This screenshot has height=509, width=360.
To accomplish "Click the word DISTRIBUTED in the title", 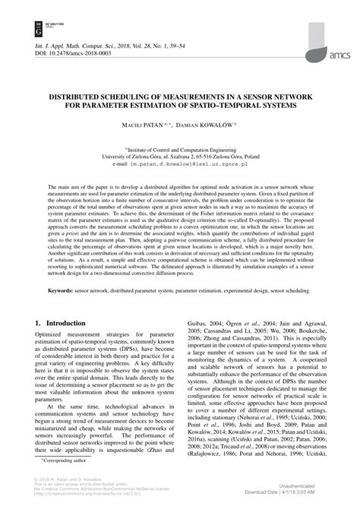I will pos(83,97).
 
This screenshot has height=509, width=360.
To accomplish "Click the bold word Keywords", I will pos(65,312).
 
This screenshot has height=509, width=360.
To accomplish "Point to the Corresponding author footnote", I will pos(64,460).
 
